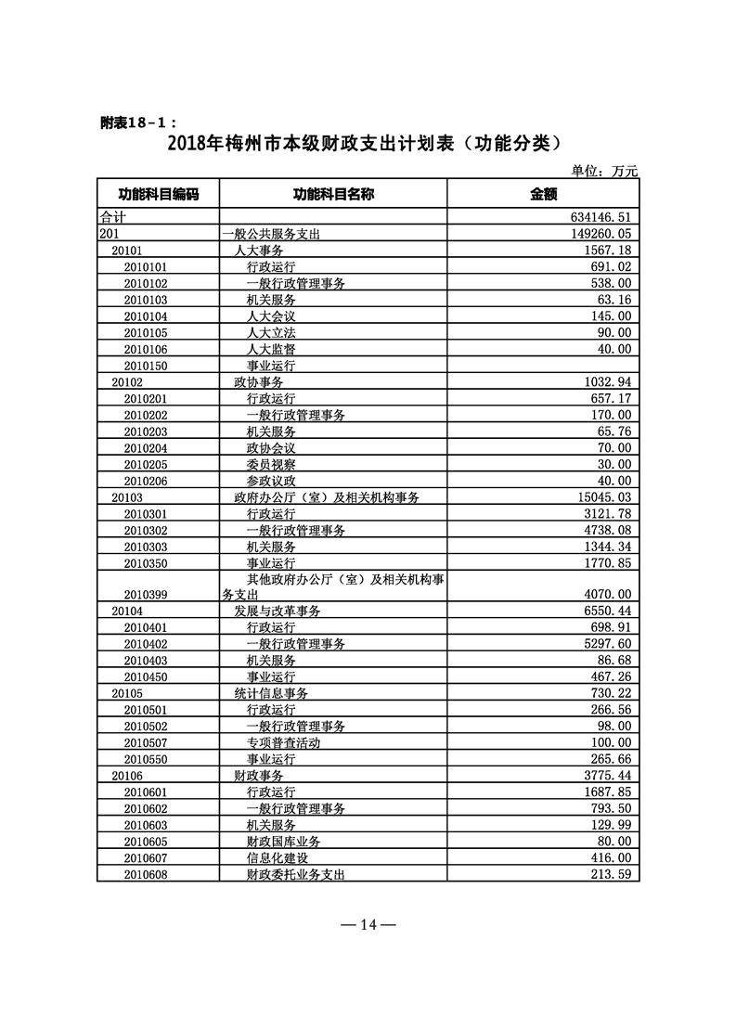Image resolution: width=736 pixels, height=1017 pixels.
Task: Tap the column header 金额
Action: (x=543, y=194)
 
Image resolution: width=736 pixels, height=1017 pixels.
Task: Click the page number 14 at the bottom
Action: (x=368, y=924)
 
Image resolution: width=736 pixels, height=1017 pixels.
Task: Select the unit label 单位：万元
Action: (x=605, y=171)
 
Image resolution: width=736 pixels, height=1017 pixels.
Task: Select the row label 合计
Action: (x=112, y=216)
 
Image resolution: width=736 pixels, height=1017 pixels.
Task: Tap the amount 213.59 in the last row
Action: (x=610, y=874)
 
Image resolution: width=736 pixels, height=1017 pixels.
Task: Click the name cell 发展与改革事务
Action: (x=277, y=611)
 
